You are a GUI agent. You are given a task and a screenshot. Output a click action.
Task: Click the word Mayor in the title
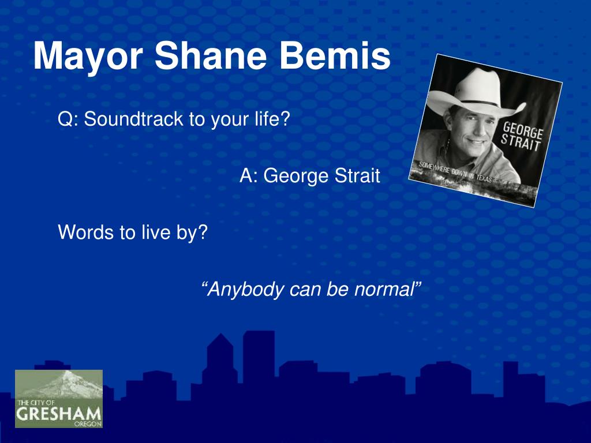point(87,57)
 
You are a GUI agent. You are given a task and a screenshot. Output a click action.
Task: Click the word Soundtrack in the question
point(134,119)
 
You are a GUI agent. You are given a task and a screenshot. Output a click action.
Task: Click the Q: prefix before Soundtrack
point(69,120)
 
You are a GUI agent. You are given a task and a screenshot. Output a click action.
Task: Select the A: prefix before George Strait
point(249,175)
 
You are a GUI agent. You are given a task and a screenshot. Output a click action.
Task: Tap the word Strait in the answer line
point(354,175)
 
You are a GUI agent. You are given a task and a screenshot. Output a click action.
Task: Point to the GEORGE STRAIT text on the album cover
point(523,136)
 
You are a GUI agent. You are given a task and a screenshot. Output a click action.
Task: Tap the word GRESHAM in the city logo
point(58,414)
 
